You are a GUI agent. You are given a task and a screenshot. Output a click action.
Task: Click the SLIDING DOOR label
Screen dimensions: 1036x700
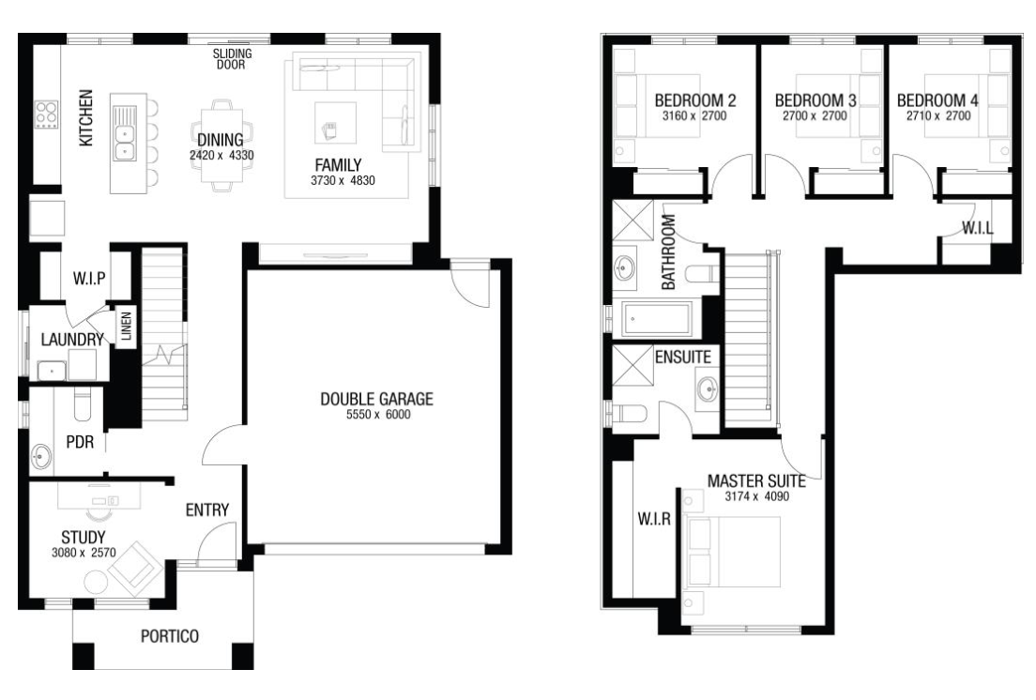pos(232,59)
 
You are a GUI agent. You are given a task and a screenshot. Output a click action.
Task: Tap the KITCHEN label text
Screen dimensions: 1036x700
pos(86,118)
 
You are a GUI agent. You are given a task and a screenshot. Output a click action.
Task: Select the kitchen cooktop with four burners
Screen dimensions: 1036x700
pos(46,114)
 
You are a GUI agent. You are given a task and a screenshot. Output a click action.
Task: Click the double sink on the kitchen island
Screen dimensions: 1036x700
pos(124,143)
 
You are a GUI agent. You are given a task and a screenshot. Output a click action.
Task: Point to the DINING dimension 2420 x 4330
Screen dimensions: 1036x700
pos(221,156)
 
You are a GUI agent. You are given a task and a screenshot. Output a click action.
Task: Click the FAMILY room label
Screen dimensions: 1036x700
pos(338,164)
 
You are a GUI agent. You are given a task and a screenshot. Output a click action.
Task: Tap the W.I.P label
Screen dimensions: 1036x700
pos(89,278)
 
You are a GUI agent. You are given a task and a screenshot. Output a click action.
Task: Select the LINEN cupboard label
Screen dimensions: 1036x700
pos(126,326)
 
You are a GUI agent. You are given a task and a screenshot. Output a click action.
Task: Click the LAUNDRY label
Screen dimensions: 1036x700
pos(72,340)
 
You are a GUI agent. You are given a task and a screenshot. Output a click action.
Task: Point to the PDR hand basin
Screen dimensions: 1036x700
pos(41,455)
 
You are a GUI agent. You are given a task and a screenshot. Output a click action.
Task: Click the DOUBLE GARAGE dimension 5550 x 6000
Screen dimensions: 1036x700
pos(378,415)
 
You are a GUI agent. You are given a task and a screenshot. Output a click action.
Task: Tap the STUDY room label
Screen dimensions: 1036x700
pos(84,538)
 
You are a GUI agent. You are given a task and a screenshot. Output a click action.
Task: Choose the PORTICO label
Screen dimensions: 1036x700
pos(170,636)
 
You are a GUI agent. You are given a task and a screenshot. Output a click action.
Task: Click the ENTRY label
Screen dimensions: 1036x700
pos(207,510)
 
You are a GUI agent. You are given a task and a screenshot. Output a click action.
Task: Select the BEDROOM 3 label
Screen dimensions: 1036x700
pos(815,100)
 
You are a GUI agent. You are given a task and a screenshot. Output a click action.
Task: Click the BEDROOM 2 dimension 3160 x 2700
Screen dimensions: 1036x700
pos(694,116)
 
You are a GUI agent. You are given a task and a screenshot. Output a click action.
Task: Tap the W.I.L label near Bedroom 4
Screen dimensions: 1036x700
pos(978,229)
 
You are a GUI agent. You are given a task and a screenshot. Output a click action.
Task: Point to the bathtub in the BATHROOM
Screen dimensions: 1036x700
pos(657,319)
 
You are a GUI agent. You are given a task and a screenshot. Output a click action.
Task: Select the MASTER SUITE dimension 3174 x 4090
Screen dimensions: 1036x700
pos(757,496)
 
